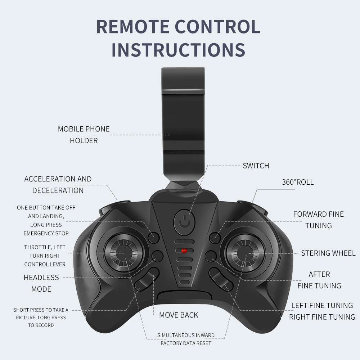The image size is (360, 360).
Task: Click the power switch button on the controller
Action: point(184,222)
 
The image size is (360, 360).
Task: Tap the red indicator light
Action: point(184,251)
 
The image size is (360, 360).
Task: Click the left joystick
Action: point(123,253)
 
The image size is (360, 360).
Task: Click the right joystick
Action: point(246,253)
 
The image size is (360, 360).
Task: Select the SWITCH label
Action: point(256,166)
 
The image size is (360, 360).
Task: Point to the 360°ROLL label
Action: point(298,182)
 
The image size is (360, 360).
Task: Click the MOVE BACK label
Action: point(179,315)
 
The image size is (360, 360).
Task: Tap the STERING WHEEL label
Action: point(328,253)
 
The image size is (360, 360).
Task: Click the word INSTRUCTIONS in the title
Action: point(179,50)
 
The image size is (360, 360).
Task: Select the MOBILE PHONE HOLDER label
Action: point(84,135)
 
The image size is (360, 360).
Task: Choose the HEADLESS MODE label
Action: point(41,283)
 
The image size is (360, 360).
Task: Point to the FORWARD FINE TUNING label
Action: point(319,220)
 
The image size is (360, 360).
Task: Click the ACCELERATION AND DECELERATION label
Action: point(58,185)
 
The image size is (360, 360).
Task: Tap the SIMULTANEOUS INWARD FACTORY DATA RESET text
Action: point(186,339)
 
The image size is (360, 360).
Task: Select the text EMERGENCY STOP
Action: point(46,234)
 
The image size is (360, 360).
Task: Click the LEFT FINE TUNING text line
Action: point(322,306)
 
